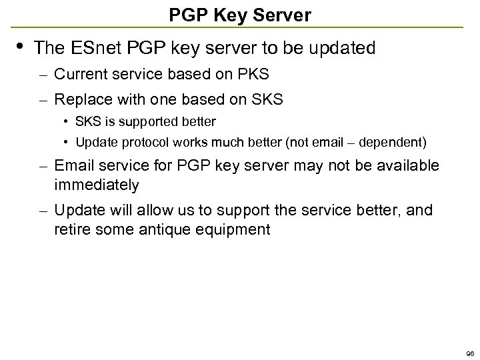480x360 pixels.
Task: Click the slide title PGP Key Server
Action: tap(239, 15)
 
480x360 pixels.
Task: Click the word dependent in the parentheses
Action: tap(394, 142)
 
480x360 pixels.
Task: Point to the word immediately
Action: tap(97, 184)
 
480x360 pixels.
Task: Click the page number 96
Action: tap(470, 353)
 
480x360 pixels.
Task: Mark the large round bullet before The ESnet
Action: tap(21, 45)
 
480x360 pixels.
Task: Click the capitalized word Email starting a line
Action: tap(75, 165)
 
